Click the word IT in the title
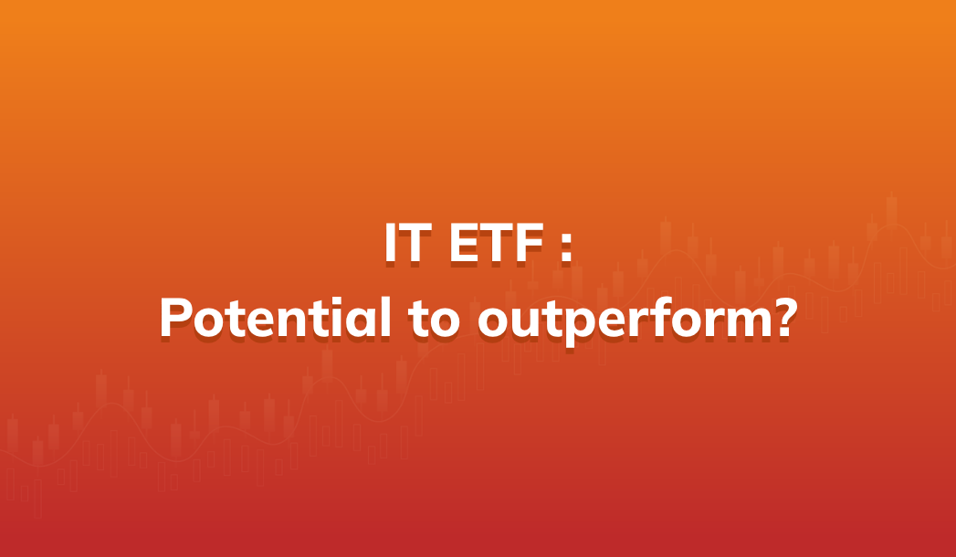click(408, 243)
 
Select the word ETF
click(496, 243)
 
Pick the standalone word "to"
click(435, 320)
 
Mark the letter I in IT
click(390, 243)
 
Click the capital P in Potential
click(175, 318)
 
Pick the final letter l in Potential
click(385, 316)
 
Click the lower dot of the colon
click(566, 257)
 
